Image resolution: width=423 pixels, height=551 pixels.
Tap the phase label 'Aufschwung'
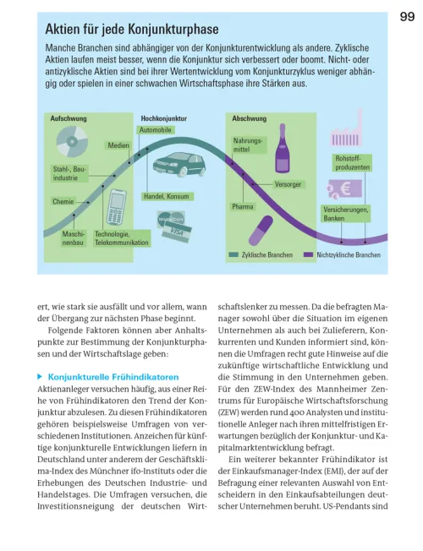pyautogui.click(x=68, y=119)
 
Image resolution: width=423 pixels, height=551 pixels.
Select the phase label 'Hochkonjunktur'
pyautogui.click(x=164, y=119)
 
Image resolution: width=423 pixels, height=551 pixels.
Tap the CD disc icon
pyautogui.click(x=73, y=145)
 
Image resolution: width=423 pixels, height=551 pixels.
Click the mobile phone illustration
pyautogui.click(x=117, y=207)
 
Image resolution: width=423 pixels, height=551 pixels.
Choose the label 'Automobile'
pyautogui.click(x=156, y=131)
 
